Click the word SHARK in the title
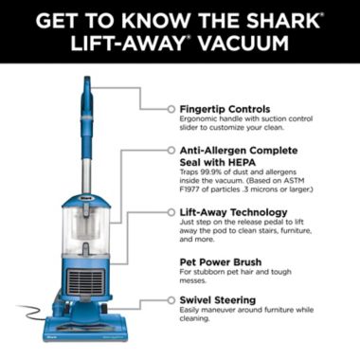tap(280, 18)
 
